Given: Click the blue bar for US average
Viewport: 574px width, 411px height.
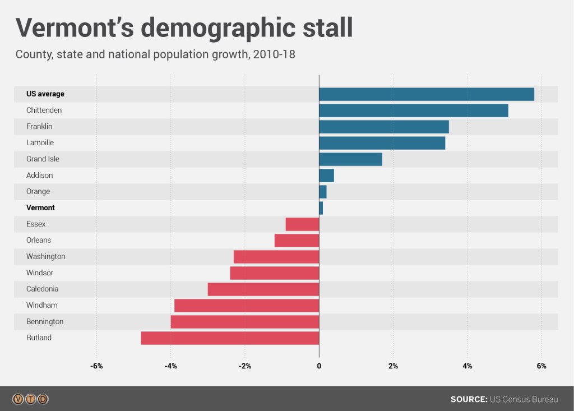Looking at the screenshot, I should [426, 94].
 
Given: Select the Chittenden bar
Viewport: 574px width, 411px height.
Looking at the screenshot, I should [413, 110].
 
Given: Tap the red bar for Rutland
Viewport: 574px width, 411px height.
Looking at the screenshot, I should [230, 338].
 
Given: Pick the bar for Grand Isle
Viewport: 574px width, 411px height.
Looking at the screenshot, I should [350, 159].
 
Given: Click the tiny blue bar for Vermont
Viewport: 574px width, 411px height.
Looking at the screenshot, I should [321, 208].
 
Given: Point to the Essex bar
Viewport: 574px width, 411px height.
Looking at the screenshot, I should [302, 224].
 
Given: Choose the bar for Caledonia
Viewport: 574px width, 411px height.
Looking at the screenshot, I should [263, 289].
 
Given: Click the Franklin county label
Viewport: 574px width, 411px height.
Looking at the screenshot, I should [39, 127].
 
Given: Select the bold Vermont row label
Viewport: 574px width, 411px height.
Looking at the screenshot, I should [40, 208].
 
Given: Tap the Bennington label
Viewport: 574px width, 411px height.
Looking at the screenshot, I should [45, 322].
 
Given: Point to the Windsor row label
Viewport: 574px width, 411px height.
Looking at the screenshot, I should [40, 273].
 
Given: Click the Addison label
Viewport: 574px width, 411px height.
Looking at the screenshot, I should [40, 176].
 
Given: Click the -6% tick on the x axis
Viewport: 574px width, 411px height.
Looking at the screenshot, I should [97, 366].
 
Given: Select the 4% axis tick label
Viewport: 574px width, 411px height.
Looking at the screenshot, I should [467, 366].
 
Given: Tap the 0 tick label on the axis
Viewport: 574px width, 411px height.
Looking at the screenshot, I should [319, 366].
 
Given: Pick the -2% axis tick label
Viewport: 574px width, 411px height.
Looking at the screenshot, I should [245, 366].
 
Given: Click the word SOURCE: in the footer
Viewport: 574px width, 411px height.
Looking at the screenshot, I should [469, 399].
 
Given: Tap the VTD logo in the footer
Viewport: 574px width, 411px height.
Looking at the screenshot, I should [31, 399].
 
